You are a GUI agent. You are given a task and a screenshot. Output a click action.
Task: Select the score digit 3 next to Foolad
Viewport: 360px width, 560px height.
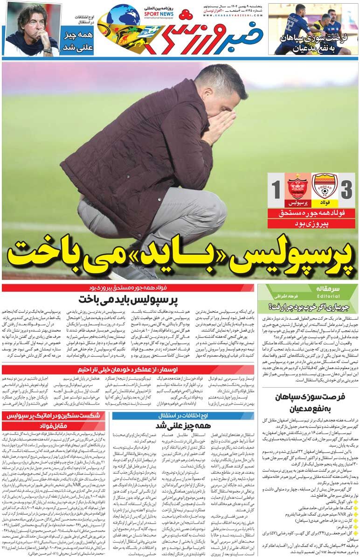(347, 190)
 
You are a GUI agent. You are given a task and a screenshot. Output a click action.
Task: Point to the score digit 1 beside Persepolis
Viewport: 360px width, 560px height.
(276, 190)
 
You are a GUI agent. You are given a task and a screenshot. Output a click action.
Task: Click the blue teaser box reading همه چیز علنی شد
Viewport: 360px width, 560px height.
(77, 41)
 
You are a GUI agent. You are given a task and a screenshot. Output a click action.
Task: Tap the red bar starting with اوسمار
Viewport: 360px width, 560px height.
(128, 370)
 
